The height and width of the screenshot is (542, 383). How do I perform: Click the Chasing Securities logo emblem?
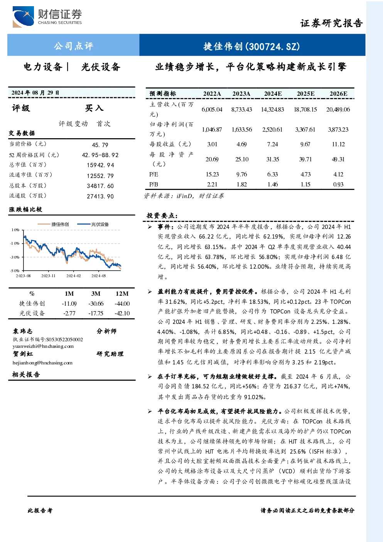(23, 17)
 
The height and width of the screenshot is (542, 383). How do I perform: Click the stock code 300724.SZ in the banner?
(273, 46)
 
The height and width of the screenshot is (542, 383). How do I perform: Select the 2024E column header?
(273, 94)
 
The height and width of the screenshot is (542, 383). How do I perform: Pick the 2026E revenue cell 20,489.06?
(338, 110)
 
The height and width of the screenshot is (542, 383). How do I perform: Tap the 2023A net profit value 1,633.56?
(242, 129)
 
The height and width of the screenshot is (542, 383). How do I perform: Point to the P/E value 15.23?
(212, 174)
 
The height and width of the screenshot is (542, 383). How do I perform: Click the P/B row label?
(154, 185)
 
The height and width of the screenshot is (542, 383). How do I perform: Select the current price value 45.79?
(100, 145)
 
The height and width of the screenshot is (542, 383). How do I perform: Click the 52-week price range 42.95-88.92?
(100, 155)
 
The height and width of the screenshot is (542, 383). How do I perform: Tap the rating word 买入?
(94, 108)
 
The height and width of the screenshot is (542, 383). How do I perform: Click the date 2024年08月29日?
(35, 93)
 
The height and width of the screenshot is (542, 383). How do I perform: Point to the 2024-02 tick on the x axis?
(74, 276)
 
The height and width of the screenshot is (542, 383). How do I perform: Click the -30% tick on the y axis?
(15, 257)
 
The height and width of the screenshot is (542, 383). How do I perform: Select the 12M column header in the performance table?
(122, 293)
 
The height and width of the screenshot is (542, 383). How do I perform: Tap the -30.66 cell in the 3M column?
(96, 303)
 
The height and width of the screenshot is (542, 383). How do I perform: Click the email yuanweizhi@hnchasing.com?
(43, 346)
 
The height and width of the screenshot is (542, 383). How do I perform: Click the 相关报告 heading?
(26, 374)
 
